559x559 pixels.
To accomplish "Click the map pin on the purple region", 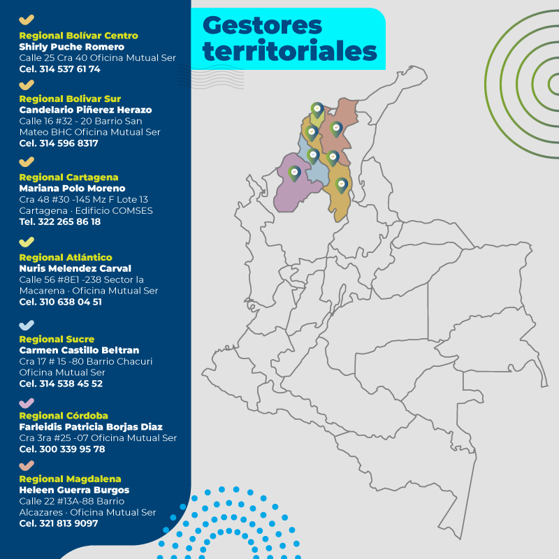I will (x=294, y=173).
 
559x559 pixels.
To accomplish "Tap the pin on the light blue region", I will (x=313, y=155).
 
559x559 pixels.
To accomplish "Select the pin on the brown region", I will (x=336, y=129).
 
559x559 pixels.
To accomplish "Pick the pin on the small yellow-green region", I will (x=317, y=109).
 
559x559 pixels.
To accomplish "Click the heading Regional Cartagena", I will (x=68, y=177).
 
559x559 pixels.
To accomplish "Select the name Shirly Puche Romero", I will (x=71, y=47).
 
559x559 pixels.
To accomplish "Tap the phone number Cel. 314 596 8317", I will (x=59, y=143).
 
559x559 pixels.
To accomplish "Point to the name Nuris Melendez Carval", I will (x=75, y=268).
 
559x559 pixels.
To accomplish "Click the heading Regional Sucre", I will (x=57, y=339).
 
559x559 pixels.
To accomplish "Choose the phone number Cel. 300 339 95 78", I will (x=62, y=449).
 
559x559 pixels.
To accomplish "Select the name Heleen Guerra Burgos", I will (x=74, y=490).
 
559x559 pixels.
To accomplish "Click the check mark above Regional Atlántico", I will (x=27, y=242).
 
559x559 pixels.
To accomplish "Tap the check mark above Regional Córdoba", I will (x=27, y=402).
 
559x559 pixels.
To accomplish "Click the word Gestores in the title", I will (x=262, y=25).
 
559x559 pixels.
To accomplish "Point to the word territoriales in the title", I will (x=289, y=51).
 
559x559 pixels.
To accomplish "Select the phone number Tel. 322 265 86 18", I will (x=60, y=222).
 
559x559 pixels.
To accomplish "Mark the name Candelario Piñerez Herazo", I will (x=85, y=110).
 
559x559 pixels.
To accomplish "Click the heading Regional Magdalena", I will (x=70, y=479).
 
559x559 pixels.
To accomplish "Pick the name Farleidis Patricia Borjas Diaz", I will (x=91, y=427).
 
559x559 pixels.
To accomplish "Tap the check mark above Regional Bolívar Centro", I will (x=27, y=20).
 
